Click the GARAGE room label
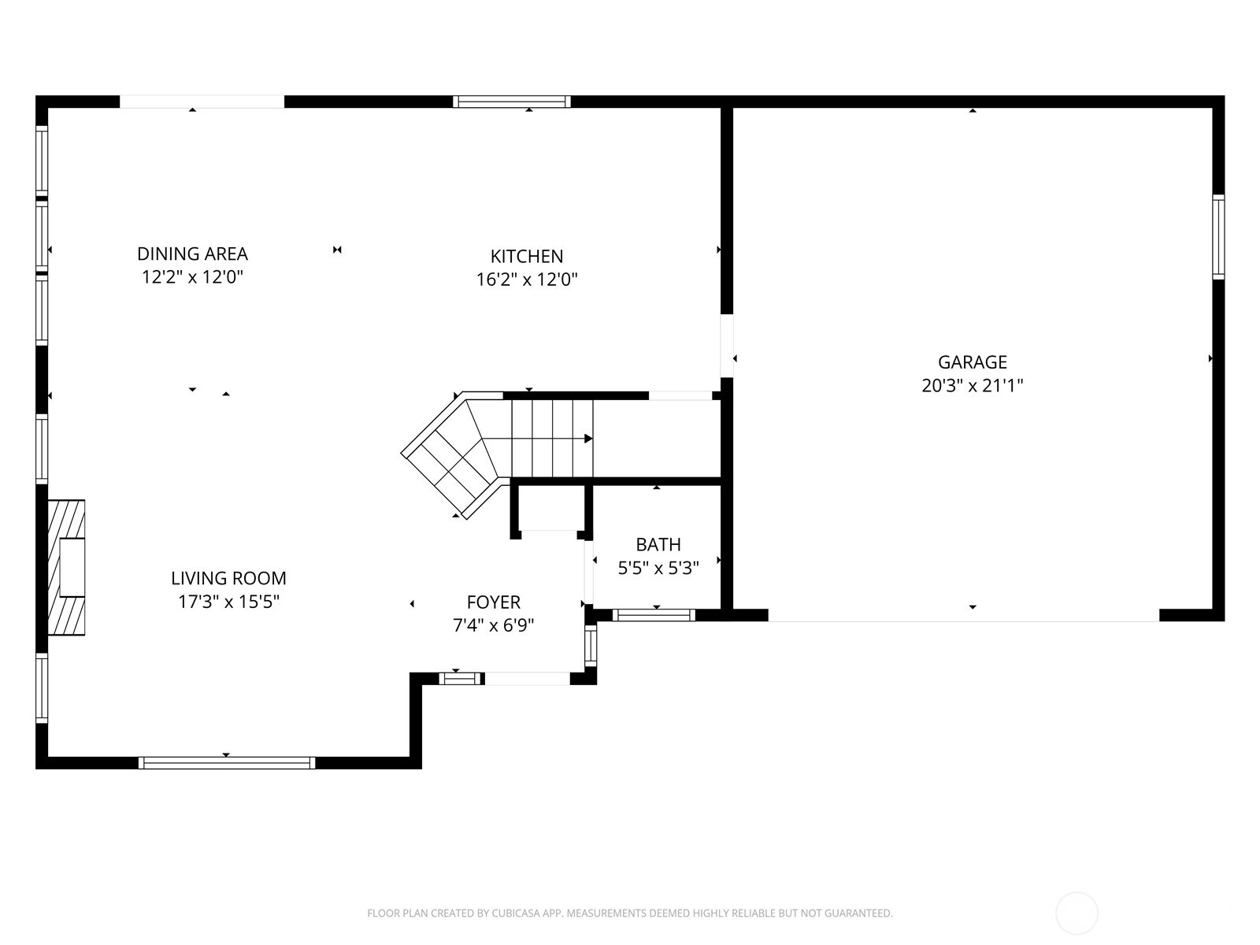click(x=972, y=362)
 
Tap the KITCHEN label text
click(x=526, y=256)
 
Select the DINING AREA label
click(x=192, y=254)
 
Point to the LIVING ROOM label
click(x=228, y=578)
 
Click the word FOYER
click(x=493, y=602)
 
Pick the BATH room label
click(x=658, y=544)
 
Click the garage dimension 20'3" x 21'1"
click(x=972, y=385)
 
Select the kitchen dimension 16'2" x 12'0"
click(x=526, y=280)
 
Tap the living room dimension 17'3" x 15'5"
click(x=228, y=602)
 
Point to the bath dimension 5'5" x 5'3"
click(x=658, y=568)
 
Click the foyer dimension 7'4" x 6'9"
click(x=493, y=624)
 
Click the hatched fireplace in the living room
click(x=66, y=568)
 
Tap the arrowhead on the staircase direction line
click(x=588, y=439)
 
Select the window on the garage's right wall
click(x=1218, y=237)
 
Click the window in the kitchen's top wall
click(x=511, y=102)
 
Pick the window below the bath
click(x=654, y=615)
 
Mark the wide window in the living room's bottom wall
click(x=227, y=762)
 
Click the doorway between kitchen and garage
click(x=727, y=346)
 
